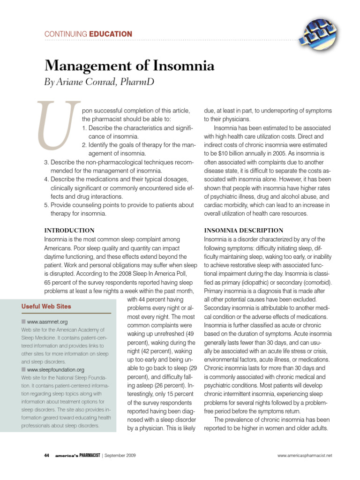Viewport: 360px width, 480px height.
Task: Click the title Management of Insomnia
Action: (x=129, y=66)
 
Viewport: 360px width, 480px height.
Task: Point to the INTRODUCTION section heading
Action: (x=69, y=231)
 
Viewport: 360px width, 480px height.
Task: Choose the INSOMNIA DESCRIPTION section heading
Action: (x=243, y=231)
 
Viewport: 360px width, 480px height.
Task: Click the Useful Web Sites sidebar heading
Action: (x=46, y=307)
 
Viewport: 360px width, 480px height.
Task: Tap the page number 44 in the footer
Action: (x=46, y=455)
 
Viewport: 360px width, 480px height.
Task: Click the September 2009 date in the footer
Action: (x=120, y=455)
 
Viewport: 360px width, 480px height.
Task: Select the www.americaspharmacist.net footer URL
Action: (x=304, y=455)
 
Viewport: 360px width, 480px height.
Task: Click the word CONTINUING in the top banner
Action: (x=65, y=34)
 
